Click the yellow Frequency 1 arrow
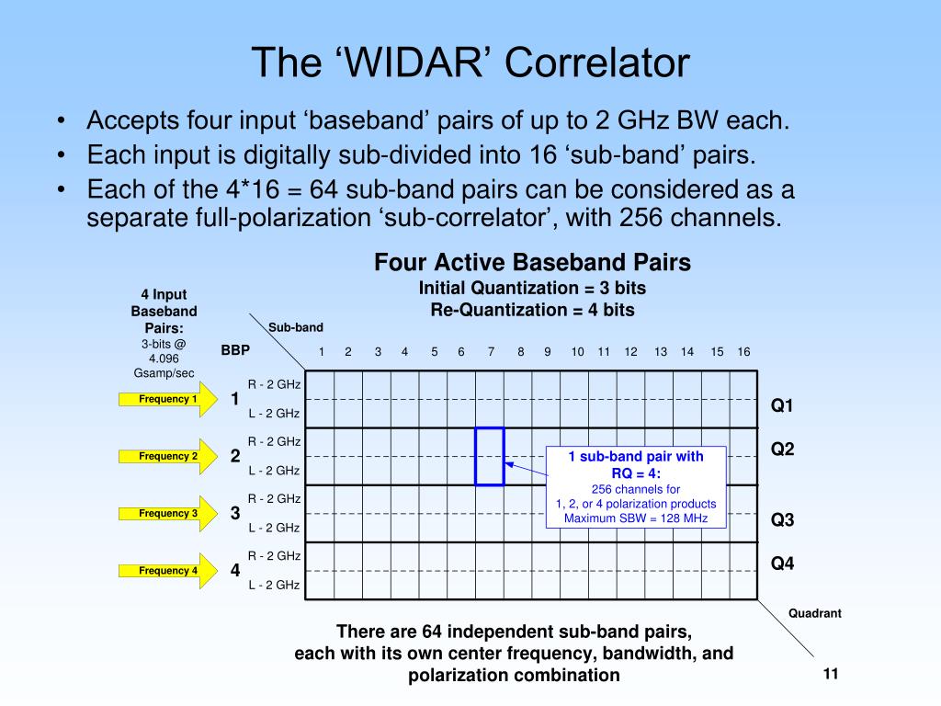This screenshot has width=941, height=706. point(168,399)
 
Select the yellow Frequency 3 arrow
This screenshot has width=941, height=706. point(168,513)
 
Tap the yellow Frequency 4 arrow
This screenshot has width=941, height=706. point(168,570)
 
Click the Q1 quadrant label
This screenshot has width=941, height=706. point(782,405)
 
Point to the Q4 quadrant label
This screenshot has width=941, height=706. point(782,564)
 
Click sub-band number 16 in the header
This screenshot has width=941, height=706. point(743,352)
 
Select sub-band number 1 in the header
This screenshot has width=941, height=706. point(322,352)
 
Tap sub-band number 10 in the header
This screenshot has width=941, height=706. point(577,352)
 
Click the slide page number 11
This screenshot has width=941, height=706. point(831,674)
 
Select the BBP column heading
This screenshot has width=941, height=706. point(235,350)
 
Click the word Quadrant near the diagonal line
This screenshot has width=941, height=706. point(815,613)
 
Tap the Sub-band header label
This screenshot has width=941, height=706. point(296,327)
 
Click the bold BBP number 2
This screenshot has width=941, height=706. point(235,456)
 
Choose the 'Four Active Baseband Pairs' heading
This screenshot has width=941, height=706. point(532,262)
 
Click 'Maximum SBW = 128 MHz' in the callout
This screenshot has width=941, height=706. point(636,518)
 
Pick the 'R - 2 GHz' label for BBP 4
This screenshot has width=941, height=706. point(274,556)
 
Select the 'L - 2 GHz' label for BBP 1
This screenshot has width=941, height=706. point(274,413)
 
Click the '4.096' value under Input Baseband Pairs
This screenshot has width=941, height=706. point(164,359)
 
